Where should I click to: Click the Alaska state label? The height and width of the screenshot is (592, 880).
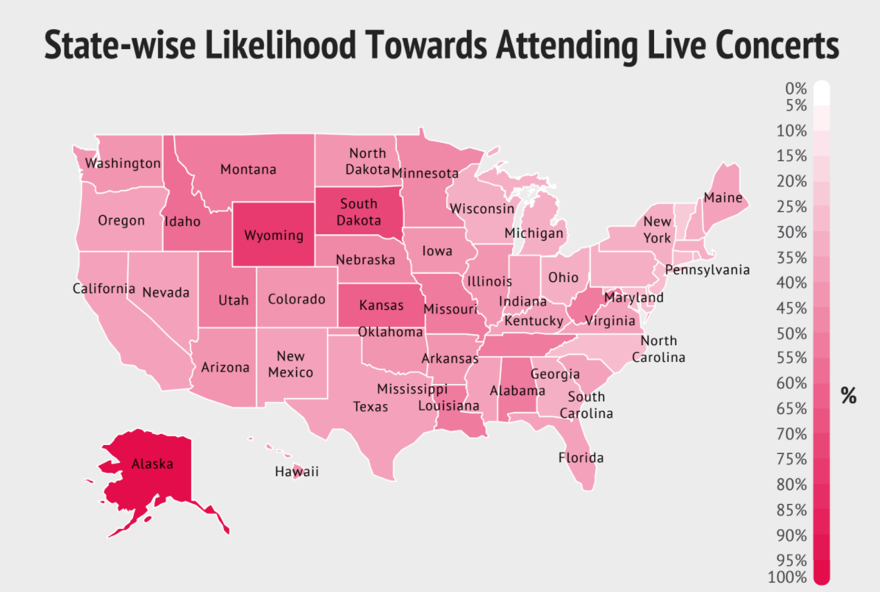pos(152,464)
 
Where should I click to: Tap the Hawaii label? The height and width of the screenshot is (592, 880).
pos(297,472)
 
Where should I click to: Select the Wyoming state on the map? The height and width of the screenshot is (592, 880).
pos(274,235)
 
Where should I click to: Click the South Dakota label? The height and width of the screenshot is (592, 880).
pos(359,211)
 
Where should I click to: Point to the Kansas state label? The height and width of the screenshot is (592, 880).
pos(380,304)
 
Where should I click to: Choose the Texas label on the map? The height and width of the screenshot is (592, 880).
pos(370,406)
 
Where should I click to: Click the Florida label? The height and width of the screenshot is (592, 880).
pos(581,458)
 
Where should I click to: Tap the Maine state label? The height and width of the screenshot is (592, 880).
pos(723,198)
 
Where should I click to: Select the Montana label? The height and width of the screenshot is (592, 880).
pos(248,169)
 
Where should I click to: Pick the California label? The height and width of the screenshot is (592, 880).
pos(104,288)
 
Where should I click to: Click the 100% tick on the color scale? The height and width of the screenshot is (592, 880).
pos(788,577)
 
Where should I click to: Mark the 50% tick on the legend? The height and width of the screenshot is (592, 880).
pos(791,333)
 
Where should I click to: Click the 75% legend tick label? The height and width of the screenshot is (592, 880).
pos(791,459)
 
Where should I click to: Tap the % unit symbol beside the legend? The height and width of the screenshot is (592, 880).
pos(848,395)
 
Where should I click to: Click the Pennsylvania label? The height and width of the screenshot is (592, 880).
pos(707,270)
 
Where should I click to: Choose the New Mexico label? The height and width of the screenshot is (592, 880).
pos(290,364)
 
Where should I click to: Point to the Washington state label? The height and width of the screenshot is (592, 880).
pos(123,164)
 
